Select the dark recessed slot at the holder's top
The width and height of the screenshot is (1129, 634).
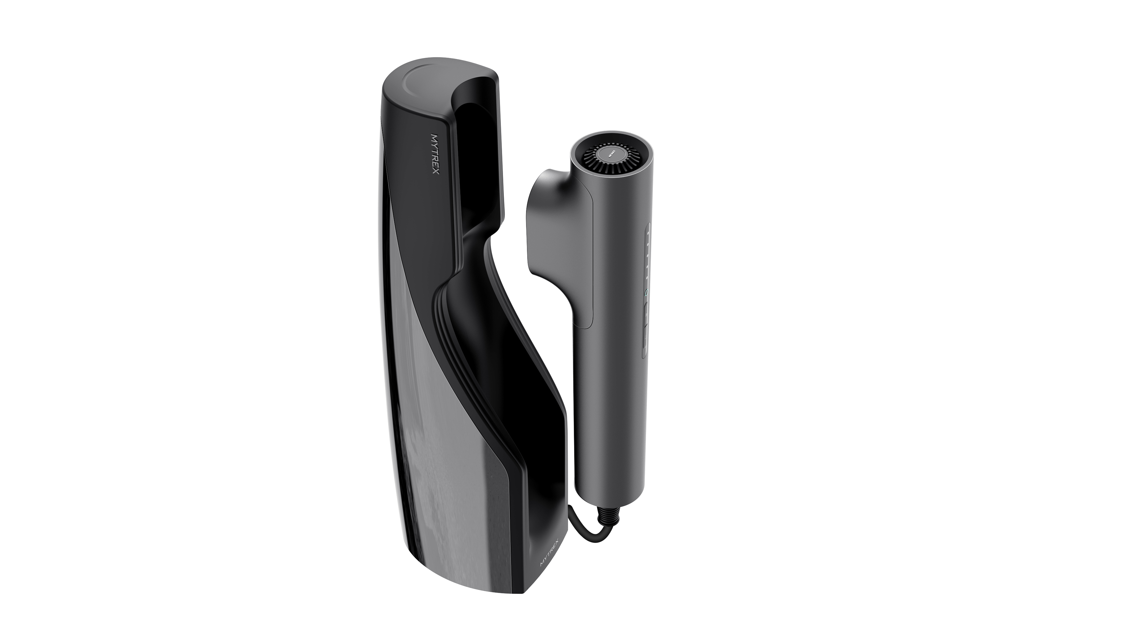(x=478, y=145)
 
